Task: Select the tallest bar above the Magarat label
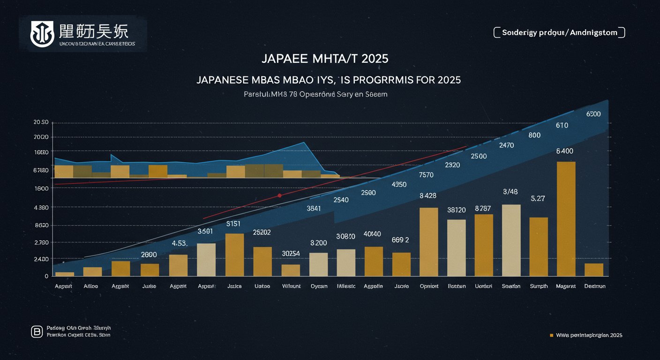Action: (566, 218)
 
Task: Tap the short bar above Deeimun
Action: (594, 270)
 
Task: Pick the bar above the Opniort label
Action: (428, 241)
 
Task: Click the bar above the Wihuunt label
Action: (291, 270)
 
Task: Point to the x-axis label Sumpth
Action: (539, 286)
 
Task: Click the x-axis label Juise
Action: (149, 286)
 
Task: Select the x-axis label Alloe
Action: (90, 286)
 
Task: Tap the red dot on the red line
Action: (279, 195)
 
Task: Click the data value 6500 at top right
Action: (594, 114)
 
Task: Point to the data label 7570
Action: (426, 175)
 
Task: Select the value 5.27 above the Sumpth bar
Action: (538, 198)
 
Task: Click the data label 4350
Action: (398, 184)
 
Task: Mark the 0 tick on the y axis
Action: (46, 277)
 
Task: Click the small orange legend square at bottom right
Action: (551, 335)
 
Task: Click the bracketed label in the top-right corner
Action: (559, 32)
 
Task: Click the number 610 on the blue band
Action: (562, 125)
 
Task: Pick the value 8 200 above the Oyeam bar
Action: (318, 243)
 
